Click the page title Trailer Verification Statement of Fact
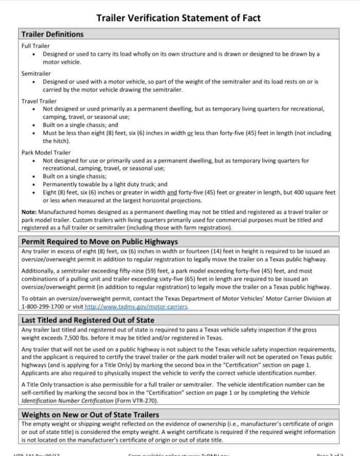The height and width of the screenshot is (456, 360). click(178, 18)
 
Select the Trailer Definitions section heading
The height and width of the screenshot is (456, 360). click(52, 34)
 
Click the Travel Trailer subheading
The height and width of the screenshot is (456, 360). click(39, 101)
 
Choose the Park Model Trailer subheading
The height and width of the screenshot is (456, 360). click(46, 152)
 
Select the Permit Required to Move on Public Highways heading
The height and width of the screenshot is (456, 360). click(99, 242)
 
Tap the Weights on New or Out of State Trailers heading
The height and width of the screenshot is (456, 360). click(90, 414)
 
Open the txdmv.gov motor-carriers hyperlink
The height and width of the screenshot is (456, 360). click(136, 307)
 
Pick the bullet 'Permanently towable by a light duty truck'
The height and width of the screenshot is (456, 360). click(105, 184)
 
